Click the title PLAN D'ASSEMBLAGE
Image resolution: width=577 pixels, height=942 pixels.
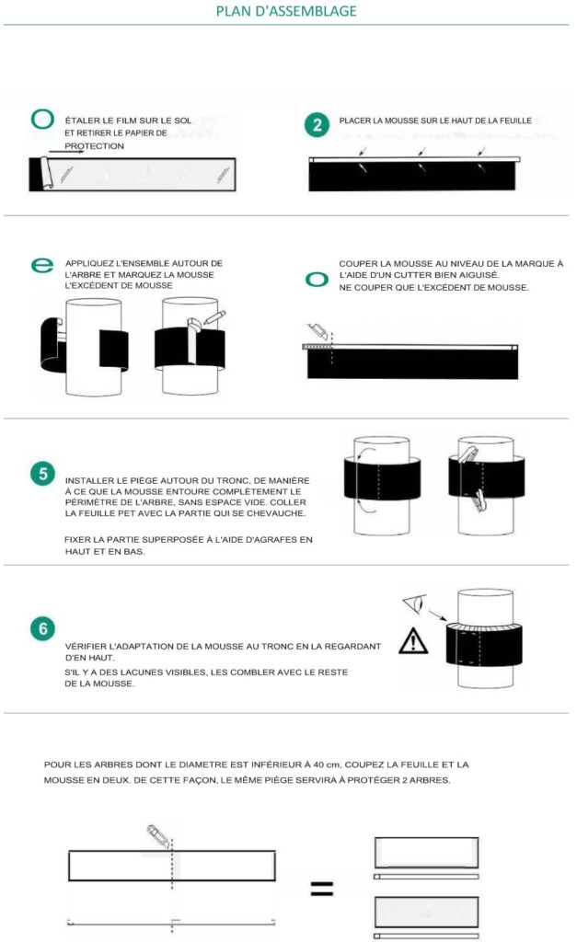point(286,11)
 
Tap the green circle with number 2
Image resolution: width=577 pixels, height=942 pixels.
point(317,125)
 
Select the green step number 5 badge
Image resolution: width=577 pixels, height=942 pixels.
point(42,474)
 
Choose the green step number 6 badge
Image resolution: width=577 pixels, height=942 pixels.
point(42,628)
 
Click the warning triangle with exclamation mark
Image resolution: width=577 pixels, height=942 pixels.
point(413,641)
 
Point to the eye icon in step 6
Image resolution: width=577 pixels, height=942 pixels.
point(415,603)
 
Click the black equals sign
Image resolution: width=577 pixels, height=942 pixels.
point(321,888)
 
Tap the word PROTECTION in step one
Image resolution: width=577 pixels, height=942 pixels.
point(95,146)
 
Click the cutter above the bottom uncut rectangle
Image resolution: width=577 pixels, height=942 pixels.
point(158,836)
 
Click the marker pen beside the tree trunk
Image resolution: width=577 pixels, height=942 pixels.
point(214,317)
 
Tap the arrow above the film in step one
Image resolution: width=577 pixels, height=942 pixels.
point(66,152)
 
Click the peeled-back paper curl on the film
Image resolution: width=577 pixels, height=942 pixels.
point(46,172)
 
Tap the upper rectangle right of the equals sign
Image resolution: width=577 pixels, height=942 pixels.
point(427,852)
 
